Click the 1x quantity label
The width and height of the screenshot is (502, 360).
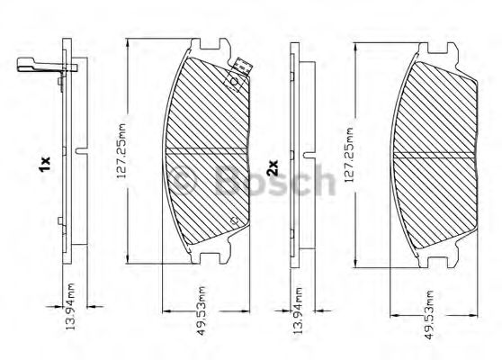tap(44, 165)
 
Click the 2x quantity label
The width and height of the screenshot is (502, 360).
tap(273, 167)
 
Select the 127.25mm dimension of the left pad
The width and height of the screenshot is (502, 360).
tap(121, 151)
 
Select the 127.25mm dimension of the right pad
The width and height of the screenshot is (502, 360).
tap(349, 155)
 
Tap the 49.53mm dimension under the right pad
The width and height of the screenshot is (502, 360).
tap(429, 315)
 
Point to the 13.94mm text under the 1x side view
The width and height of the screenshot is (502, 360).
tap(70, 307)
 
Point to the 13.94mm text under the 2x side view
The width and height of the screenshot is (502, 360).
tap(298, 310)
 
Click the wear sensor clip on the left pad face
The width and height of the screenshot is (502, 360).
tap(238, 75)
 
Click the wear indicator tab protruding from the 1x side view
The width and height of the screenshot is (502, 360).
tap(47, 65)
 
